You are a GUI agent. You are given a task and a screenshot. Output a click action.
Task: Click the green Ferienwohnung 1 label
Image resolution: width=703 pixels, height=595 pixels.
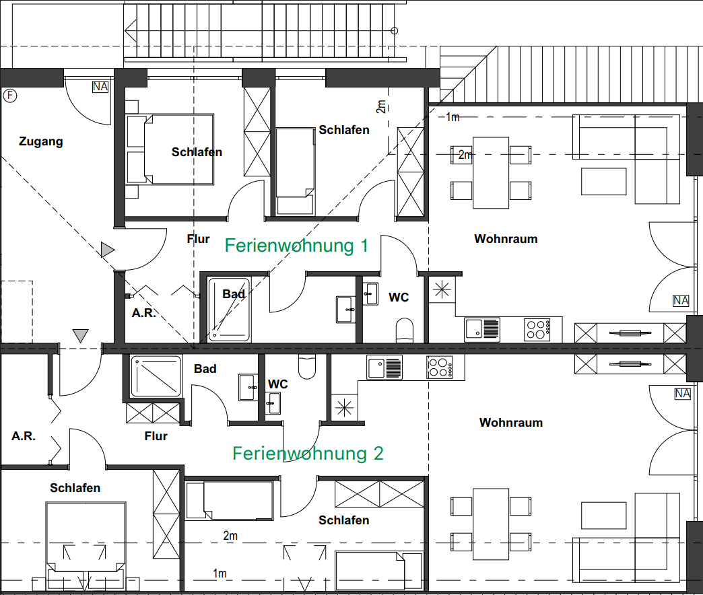(x=296, y=246)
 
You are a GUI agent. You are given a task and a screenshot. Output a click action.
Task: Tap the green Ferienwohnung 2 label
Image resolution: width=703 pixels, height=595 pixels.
(x=308, y=454)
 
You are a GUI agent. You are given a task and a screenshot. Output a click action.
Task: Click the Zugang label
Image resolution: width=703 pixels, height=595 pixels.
(x=41, y=141)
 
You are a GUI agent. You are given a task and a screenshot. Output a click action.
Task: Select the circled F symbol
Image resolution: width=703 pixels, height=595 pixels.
(x=10, y=96)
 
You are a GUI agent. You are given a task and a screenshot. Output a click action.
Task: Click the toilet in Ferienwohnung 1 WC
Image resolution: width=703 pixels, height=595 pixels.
(x=405, y=330)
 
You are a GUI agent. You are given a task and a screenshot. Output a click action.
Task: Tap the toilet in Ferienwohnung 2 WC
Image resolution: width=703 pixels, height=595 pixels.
(x=307, y=367)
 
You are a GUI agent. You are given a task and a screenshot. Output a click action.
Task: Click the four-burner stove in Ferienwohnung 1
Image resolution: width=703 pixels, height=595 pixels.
(x=537, y=330)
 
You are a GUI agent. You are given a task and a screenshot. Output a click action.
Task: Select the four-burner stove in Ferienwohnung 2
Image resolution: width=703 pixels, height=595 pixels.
(x=440, y=367)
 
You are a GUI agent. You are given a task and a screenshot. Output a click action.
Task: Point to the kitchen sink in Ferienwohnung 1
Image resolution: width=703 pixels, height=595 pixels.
(x=482, y=329)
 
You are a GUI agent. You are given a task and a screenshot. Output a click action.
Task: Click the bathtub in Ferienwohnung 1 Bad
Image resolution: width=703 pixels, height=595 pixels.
(x=229, y=310)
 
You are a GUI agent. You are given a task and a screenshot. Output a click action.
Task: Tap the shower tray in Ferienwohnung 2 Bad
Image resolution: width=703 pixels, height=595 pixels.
(x=156, y=376)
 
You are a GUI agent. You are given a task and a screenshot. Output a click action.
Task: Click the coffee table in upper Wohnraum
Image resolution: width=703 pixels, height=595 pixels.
(x=603, y=182)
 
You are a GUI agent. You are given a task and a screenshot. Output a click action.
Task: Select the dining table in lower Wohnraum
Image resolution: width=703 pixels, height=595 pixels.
(x=491, y=524)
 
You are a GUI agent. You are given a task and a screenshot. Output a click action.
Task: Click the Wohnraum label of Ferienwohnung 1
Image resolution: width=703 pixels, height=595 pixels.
(x=506, y=239)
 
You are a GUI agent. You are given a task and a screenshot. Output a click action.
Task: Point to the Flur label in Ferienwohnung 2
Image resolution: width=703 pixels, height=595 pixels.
(x=156, y=436)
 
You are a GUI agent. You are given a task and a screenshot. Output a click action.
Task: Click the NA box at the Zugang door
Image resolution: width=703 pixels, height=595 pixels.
(x=100, y=86)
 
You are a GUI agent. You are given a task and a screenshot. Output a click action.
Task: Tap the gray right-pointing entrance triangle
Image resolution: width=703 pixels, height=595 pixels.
(x=108, y=250)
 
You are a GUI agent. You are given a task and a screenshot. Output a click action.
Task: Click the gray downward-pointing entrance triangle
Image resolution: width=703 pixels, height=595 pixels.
(x=80, y=336)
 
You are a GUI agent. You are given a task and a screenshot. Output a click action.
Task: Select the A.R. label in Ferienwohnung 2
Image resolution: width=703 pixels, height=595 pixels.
(x=24, y=436)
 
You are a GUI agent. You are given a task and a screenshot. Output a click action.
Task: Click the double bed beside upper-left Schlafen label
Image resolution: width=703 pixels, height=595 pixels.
(x=170, y=149)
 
